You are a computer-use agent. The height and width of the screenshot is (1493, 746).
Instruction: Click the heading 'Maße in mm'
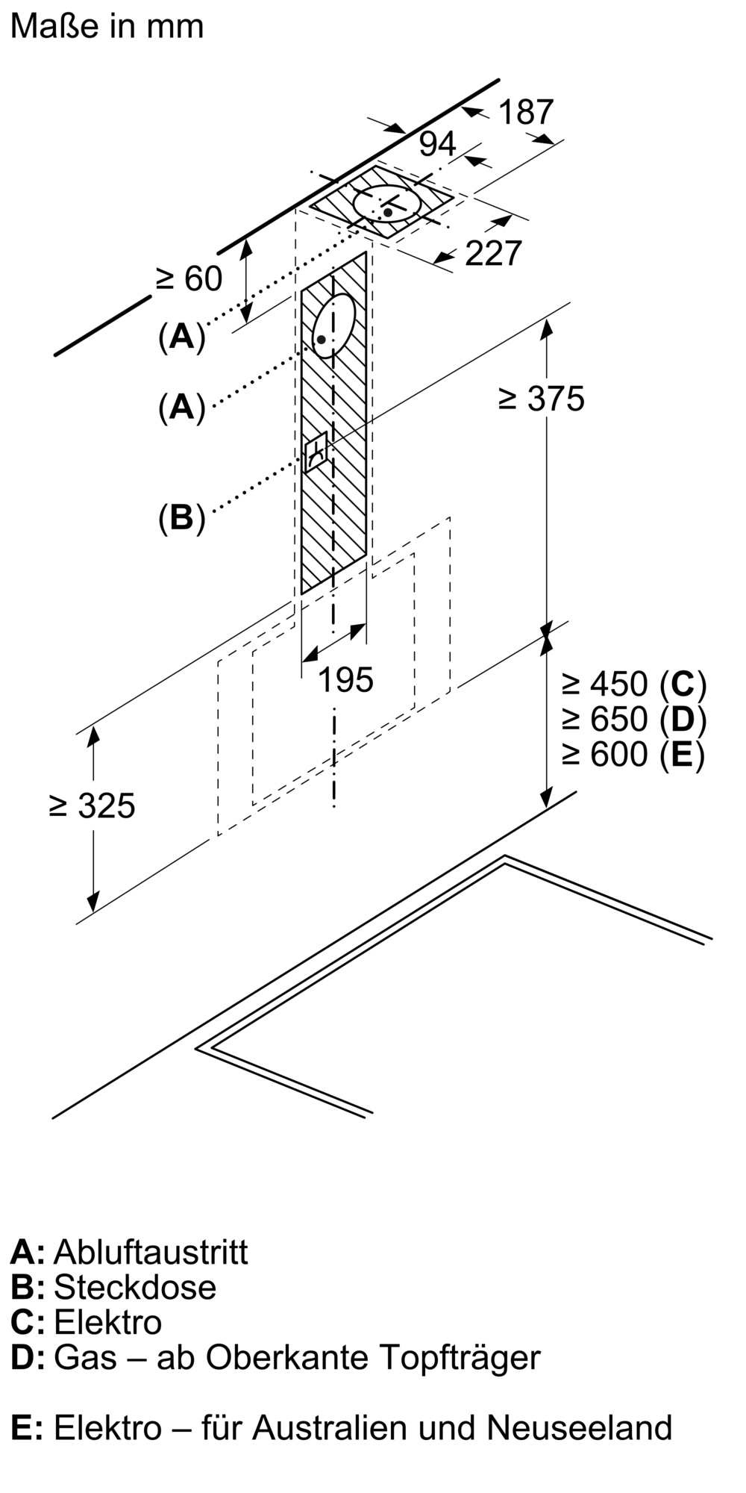tap(107, 26)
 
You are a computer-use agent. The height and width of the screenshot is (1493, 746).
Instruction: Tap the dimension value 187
tap(526, 113)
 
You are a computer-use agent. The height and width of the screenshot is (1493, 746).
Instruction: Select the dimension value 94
tap(437, 144)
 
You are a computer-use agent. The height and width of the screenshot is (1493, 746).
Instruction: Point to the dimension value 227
tap(493, 254)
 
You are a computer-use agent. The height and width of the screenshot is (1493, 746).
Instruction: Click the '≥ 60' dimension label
tap(189, 279)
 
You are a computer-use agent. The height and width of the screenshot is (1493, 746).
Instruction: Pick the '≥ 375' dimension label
tap(542, 399)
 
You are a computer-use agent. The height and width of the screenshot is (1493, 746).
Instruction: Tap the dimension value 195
tap(346, 680)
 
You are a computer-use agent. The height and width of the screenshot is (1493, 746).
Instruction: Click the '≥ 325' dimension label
tap(92, 806)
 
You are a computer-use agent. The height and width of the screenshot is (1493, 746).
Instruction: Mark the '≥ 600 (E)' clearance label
tap(633, 754)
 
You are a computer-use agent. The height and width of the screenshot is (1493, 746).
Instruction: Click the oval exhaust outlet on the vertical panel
tap(333, 326)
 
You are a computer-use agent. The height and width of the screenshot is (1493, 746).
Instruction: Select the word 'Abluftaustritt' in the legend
tap(151, 1252)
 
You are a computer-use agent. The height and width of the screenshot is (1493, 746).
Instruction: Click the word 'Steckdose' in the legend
tap(135, 1287)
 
